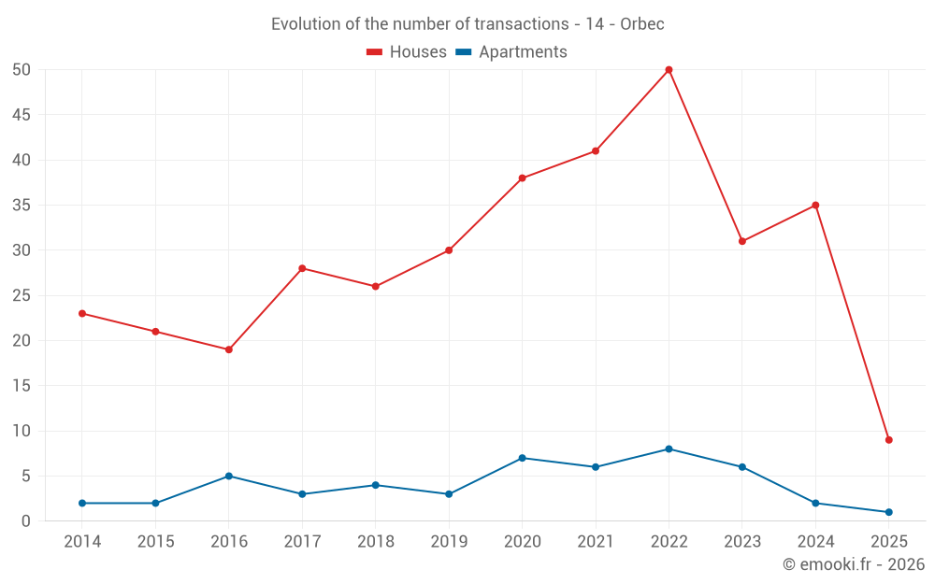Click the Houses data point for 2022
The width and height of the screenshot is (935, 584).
669,69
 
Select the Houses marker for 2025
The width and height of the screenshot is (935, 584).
888,440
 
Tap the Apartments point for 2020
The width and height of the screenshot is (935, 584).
522,458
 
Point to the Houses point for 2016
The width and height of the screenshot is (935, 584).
229,349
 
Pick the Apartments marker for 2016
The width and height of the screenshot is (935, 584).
229,476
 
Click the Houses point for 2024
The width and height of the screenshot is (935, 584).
815,205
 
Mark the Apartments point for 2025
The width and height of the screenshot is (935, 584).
888,512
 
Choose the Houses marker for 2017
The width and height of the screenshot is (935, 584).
302,268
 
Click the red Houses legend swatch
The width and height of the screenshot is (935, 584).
375,52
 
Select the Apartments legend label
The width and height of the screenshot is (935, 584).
523,52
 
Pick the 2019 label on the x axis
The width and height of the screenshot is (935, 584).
449,541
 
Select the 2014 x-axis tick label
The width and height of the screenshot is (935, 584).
82,541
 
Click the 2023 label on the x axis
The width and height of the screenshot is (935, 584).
742,541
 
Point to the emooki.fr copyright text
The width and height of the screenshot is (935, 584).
854,563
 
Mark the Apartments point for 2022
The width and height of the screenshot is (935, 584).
669,449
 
